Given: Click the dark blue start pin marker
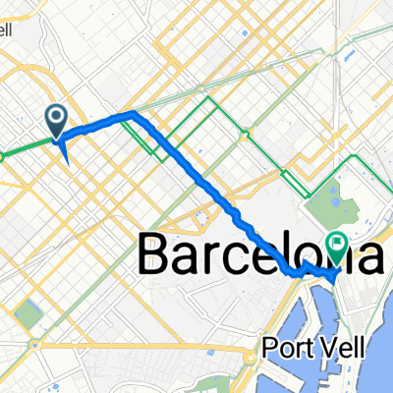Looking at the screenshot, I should (x=56, y=121).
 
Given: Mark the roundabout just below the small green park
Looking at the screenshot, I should (x=34, y=344).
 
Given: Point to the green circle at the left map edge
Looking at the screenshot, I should (x=2, y=154).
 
